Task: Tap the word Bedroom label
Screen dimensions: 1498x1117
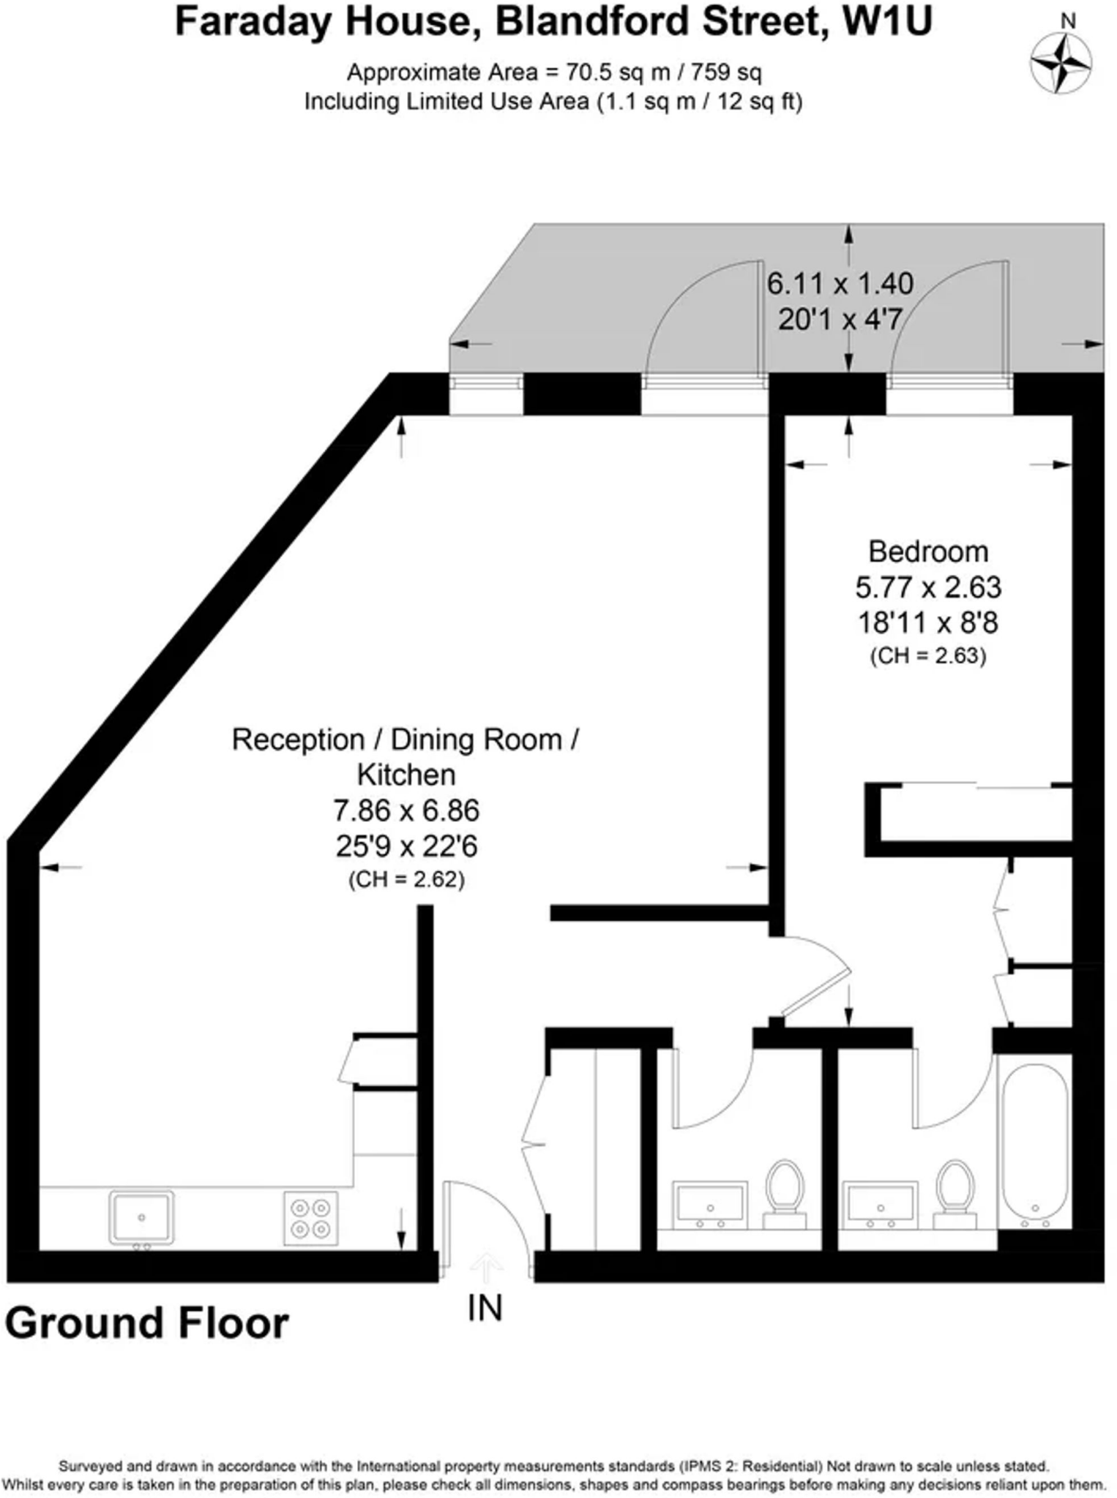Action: (927, 552)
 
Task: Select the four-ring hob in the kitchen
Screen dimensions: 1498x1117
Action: (311, 1219)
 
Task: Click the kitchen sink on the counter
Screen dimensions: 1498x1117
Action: (141, 1217)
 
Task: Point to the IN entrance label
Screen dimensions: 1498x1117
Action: (485, 1309)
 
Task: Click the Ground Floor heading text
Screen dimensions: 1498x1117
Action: (147, 1324)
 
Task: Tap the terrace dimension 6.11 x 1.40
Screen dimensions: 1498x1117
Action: (840, 284)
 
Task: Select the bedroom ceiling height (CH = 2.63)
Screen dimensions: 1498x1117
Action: (927, 656)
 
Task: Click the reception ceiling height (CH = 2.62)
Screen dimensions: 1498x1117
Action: (406, 879)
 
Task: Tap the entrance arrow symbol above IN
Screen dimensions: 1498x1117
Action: (485, 1265)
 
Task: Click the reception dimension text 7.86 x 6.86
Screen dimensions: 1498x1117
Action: (406, 811)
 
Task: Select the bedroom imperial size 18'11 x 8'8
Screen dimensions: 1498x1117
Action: (927, 623)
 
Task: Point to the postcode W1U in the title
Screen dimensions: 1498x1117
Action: (887, 22)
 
